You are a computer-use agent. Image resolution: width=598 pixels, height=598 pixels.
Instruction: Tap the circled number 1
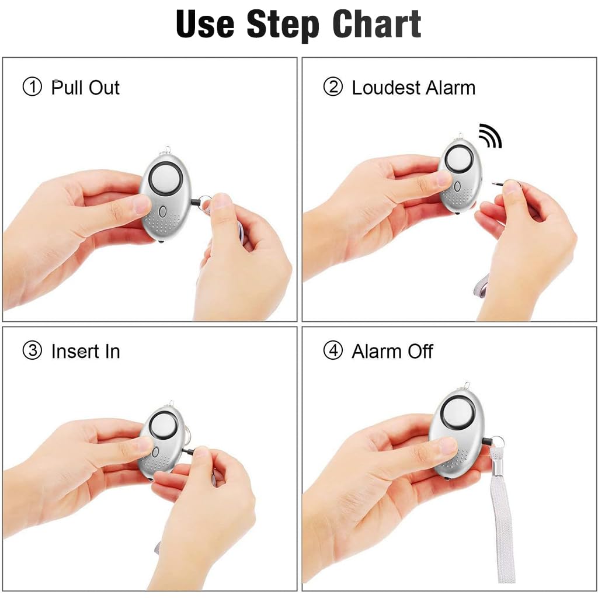click(32, 88)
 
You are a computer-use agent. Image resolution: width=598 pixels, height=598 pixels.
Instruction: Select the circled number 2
click(333, 88)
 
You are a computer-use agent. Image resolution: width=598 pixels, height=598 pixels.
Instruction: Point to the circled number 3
click(32, 352)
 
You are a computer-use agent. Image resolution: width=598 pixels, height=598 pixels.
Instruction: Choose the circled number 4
click(333, 352)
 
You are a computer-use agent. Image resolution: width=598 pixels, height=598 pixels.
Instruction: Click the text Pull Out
click(85, 88)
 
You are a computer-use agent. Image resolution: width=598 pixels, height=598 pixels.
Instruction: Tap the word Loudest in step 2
click(386, 88)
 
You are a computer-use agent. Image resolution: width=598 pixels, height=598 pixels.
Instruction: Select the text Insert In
click(85, 352)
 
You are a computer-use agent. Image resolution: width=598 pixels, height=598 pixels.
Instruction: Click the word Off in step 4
click(419, 352)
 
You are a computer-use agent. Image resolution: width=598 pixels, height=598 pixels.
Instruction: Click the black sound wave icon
click(489, 135)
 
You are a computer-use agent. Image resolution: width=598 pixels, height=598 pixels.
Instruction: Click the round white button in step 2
click(460, 158)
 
